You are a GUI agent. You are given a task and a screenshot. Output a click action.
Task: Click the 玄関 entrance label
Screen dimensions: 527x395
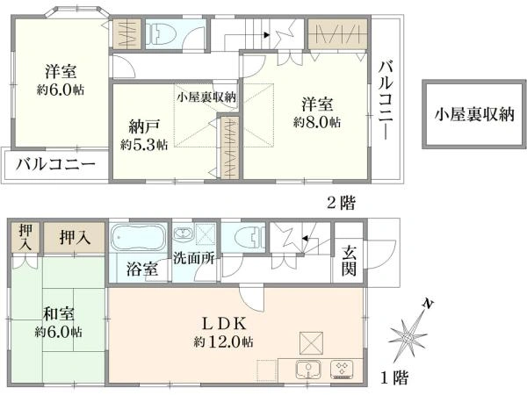349,261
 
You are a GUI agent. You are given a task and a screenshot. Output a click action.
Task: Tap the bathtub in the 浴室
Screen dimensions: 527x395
138,237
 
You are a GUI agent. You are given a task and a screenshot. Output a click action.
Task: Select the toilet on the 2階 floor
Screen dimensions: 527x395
162,34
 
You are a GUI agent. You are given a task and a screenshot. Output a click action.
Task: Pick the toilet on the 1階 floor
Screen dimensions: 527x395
249,237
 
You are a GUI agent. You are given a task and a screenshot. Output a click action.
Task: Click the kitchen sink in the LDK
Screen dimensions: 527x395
308,369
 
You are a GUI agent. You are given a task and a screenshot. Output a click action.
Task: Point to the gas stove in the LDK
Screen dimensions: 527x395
343,370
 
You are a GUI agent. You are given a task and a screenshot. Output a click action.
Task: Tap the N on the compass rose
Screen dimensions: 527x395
428,305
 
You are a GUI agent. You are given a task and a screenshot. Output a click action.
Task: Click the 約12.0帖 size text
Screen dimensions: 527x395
223,342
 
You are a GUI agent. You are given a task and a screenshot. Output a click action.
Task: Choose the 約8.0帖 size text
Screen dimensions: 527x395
317,122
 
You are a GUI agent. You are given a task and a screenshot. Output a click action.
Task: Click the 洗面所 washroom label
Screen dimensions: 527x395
194,258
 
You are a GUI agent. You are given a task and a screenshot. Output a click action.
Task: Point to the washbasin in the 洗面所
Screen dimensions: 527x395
183,233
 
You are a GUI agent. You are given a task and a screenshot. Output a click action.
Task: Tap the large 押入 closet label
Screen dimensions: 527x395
75,237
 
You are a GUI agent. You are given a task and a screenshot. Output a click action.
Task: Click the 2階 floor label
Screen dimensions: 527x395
341,203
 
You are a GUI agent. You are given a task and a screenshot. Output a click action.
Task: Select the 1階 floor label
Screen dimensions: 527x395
394,377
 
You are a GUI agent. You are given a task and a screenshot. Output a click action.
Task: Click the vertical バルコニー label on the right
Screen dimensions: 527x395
386,99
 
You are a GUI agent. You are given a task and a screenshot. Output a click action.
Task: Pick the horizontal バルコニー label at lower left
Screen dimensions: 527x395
56,165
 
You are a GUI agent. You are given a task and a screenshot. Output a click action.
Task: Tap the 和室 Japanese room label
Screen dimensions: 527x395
59,313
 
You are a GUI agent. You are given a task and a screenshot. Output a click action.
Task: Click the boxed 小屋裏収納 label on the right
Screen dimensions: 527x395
474,114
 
